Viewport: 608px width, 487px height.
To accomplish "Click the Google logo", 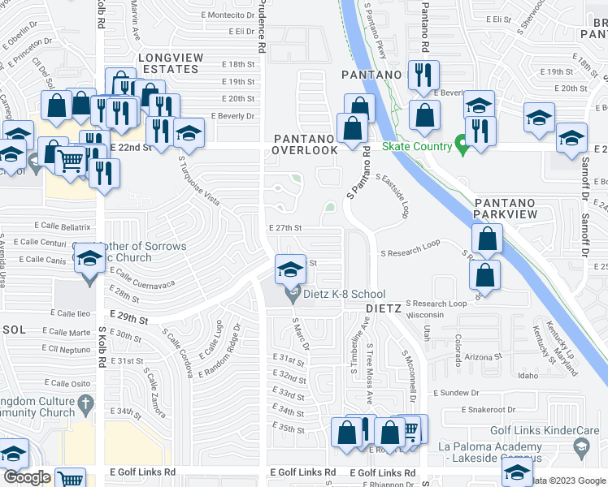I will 27,477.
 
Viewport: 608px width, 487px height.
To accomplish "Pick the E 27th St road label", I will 284,229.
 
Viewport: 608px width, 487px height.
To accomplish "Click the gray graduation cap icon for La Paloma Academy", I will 582,446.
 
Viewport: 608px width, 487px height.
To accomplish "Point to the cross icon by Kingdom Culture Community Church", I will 85,403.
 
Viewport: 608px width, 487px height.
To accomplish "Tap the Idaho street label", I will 528,376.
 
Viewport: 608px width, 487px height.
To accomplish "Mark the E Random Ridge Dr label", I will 221,350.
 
